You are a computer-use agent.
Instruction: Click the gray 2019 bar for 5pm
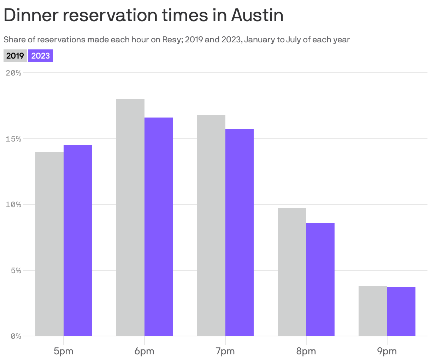tap(49, 244)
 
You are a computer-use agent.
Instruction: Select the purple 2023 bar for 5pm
tap(78, 240)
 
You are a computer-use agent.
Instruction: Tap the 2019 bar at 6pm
tap(130, 217)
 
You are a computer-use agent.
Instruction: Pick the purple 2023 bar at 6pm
tap(159, 226)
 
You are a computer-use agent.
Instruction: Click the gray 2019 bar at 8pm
tap(292, 272)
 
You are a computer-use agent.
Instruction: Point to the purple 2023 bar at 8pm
tap(320, 279)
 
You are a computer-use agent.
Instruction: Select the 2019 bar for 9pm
tap(373, 311)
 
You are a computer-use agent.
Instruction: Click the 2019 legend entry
tap(15, 56)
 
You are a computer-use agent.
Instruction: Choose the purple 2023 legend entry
tap(41, 56)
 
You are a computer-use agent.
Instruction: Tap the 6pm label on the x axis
tap(144, 351)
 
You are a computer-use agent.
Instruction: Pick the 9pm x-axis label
tap(387, 351)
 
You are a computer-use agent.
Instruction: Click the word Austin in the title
tap(257, 15)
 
